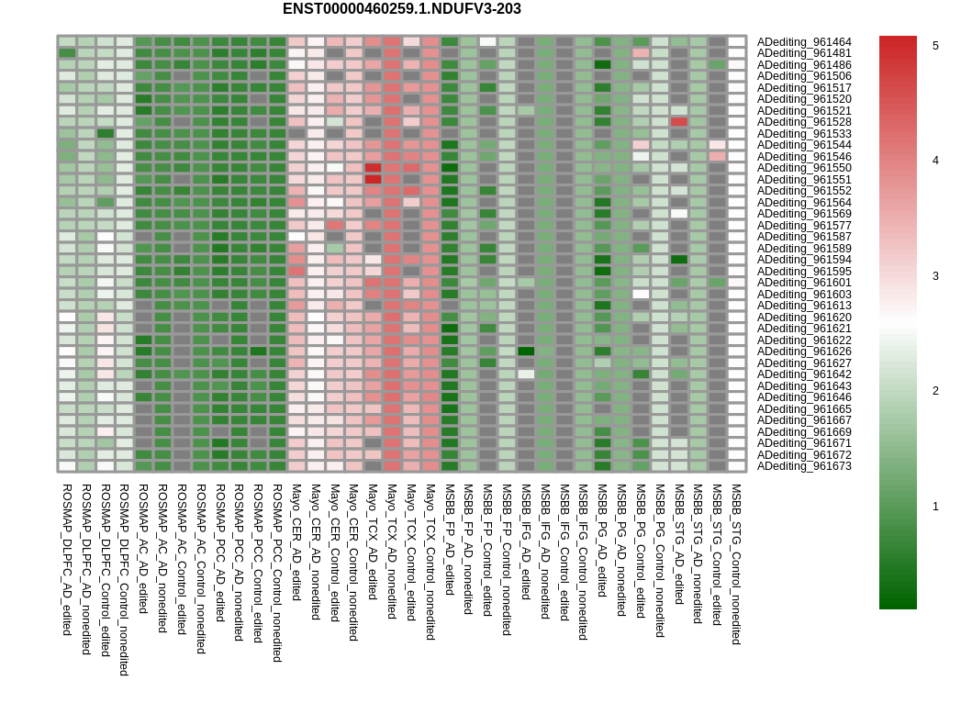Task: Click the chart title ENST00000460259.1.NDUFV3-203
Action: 402,9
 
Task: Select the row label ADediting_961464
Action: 804,42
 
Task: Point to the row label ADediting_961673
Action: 804,466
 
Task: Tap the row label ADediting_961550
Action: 804,168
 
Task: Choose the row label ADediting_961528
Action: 804,122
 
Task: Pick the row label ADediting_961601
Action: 804,283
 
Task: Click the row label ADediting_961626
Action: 804,351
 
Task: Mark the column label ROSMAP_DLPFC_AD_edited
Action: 68,560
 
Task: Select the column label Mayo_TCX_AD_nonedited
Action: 392,552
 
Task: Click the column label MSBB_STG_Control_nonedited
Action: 736,564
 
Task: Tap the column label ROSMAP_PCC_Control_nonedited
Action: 278,574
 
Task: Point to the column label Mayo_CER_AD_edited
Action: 296,542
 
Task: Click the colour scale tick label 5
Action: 935,45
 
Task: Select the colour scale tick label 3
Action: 935,276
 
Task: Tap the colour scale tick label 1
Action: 935,507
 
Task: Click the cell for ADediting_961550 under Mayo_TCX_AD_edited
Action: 374,168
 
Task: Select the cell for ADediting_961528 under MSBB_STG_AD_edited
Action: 679,122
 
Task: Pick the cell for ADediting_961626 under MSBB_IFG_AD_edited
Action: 526,351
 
